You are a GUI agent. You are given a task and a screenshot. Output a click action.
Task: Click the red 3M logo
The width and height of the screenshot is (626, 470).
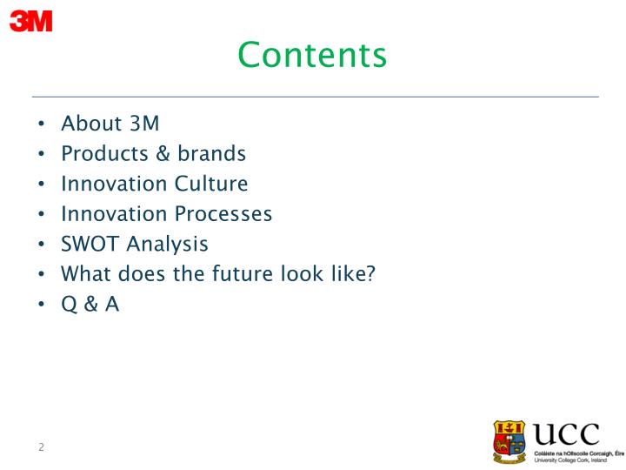coord(30,21)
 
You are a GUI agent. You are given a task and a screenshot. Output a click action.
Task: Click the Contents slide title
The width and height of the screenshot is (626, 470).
coord(312,55)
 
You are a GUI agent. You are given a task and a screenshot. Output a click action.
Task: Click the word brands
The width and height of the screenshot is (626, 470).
coord(212,154)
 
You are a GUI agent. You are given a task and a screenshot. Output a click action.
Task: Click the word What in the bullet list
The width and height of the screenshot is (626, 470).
coord(86,274)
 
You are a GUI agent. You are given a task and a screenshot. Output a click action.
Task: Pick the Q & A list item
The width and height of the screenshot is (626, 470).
coord(90,305)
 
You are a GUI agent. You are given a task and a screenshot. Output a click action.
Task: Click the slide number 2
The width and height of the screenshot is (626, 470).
coord(41,447)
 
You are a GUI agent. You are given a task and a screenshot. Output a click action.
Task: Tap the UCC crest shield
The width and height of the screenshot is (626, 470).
coord(509,441)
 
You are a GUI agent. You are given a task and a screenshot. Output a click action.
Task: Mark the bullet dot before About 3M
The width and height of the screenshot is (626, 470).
coord(42,124)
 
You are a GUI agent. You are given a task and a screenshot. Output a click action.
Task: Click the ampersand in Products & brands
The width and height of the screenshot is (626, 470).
coord(163,154)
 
